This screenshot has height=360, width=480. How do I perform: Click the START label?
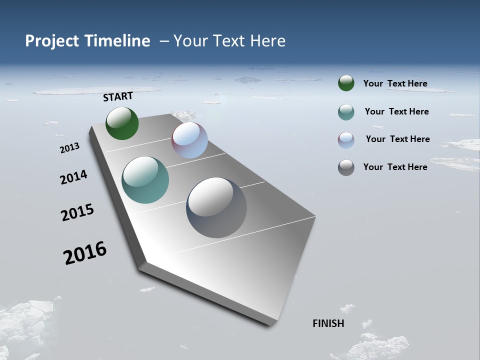point(118,96)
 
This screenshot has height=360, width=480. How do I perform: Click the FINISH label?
point(328,323)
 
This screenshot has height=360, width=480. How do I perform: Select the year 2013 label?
point(70,148)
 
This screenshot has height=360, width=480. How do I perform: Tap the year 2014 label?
point(73,177)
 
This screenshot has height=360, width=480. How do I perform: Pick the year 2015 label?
point(77,212)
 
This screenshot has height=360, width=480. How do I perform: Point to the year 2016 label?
point(85,253)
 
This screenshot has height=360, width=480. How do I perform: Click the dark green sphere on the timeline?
point(122,123)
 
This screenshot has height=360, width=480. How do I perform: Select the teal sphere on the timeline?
point(145,180)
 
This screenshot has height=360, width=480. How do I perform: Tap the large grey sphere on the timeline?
point(216,207)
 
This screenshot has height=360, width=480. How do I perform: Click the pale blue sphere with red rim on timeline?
point(189,140)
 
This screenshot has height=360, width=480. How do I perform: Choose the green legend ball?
point(346,83)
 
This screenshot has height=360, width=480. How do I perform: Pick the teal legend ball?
point(346,112)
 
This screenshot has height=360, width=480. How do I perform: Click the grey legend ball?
point(346,167)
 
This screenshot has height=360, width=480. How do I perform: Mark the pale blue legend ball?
point(346,140)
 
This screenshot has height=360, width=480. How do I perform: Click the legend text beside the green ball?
point(395,83)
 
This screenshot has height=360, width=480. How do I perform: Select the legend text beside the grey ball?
point(395,167)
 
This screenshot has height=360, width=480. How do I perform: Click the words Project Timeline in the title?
point(87,41)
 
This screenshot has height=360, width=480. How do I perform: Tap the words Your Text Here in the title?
point(229,41)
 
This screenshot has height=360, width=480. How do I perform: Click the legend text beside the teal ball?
point(396,111)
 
